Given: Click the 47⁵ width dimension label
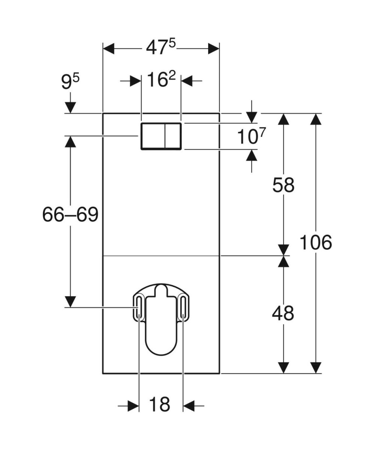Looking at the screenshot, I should tap(160, 48).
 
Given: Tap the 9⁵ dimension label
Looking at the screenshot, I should tap(70, 81).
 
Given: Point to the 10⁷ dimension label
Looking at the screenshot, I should tap(251, 136).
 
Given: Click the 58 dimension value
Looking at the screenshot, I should tap(283, 185).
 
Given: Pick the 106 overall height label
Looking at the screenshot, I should tap(316, 243).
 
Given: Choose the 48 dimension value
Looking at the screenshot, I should tap(283, 313).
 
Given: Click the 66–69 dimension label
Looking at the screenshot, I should tap(70, 215).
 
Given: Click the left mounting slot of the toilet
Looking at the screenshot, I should tap(139, 306).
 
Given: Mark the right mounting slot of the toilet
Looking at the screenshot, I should tap(183, 306).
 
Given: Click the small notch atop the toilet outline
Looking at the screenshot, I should tap(161, 289).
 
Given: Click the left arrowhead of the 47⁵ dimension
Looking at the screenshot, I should tap(108, 48).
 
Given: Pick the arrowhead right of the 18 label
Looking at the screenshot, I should tap(189, 405).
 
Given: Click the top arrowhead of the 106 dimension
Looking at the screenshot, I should tap(316, 119).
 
